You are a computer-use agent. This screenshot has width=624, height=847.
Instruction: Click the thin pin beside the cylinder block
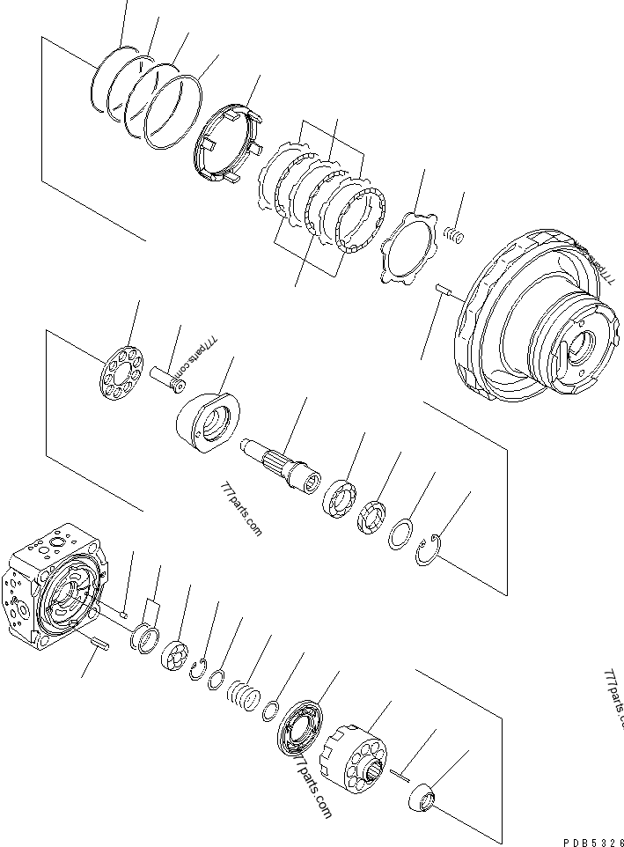coord(399,775)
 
